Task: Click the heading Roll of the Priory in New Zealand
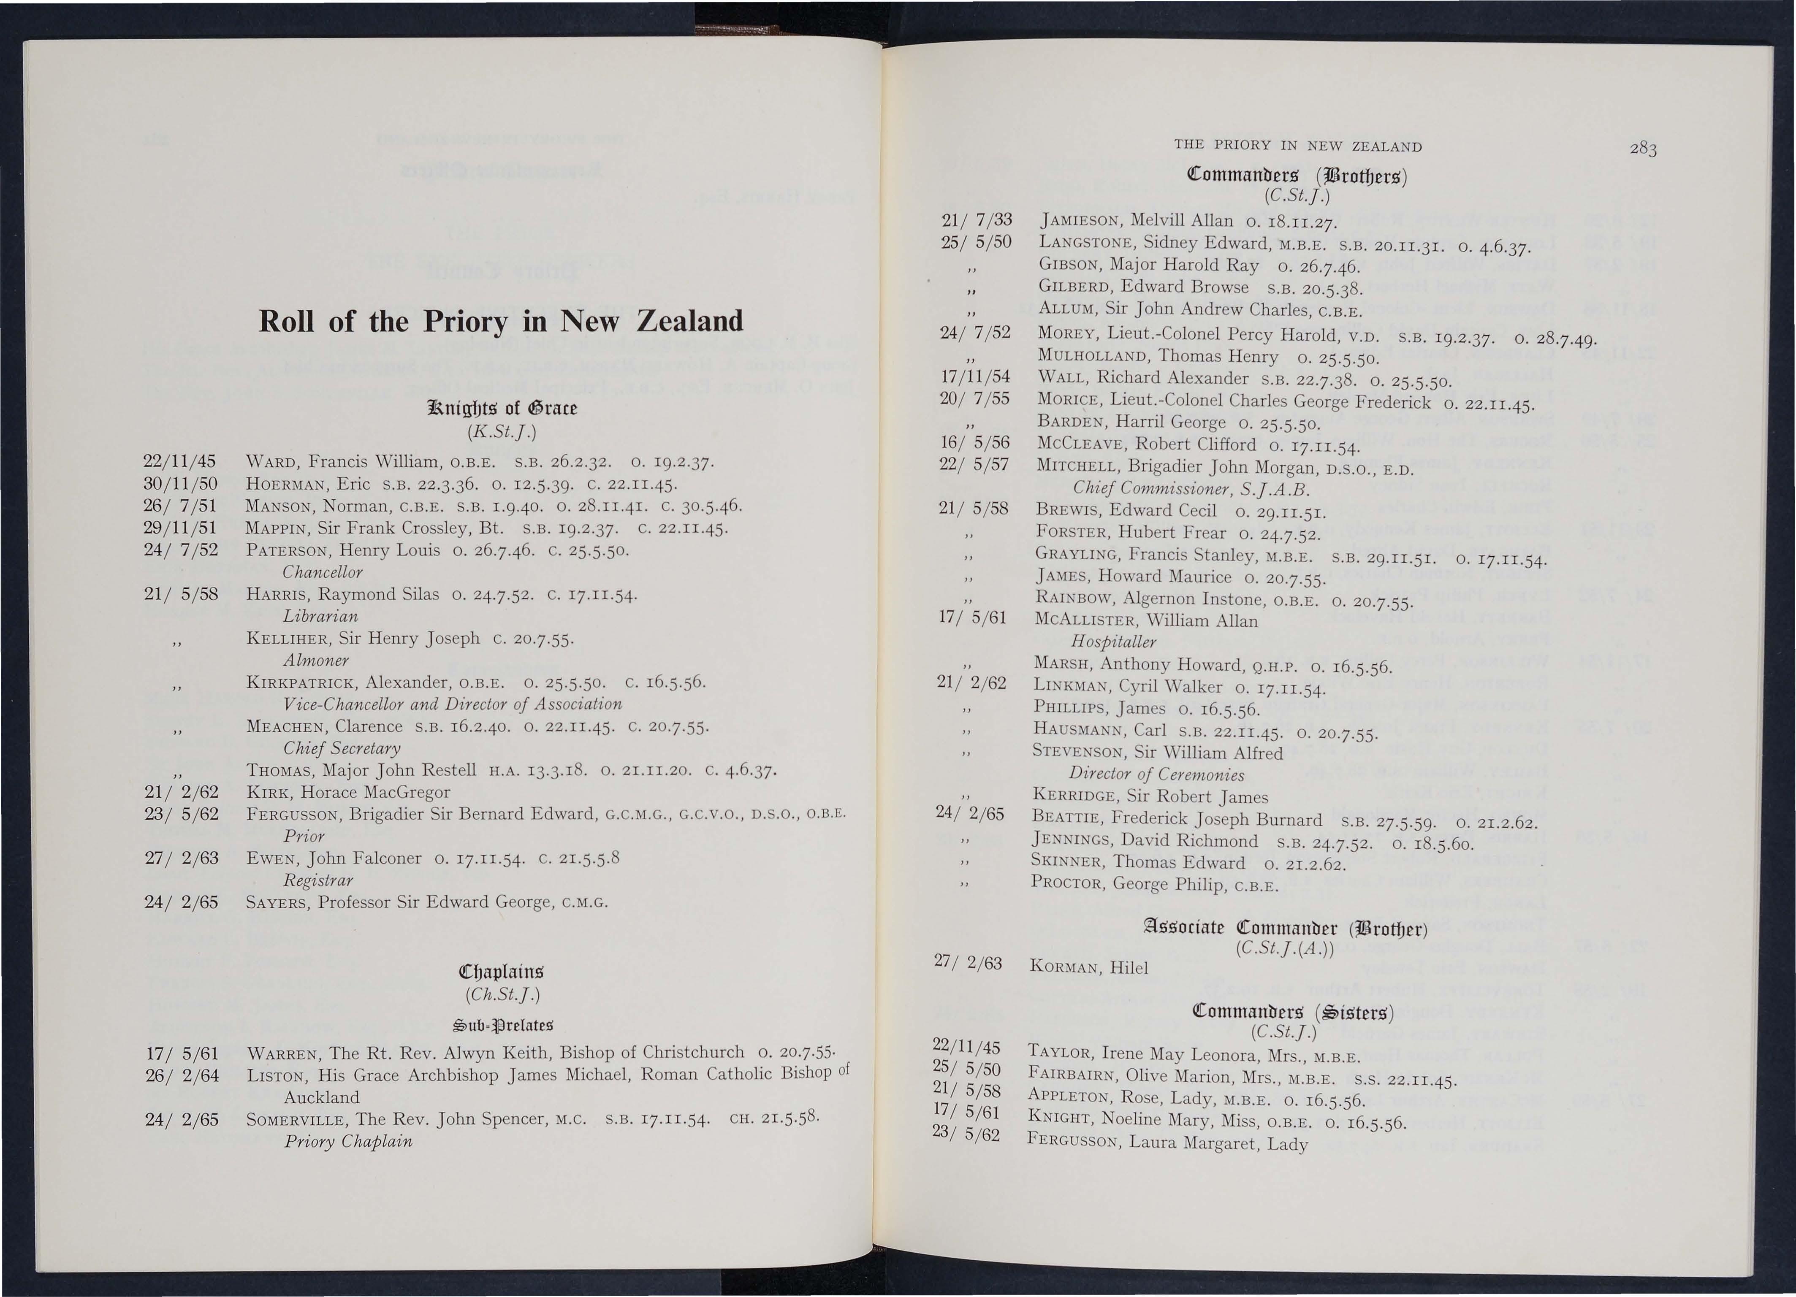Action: point(501,321)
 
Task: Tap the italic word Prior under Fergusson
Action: point(304,836)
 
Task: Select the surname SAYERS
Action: point(277,903)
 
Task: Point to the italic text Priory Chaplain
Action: point(348,1142)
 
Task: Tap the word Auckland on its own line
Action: point(322,1097)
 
